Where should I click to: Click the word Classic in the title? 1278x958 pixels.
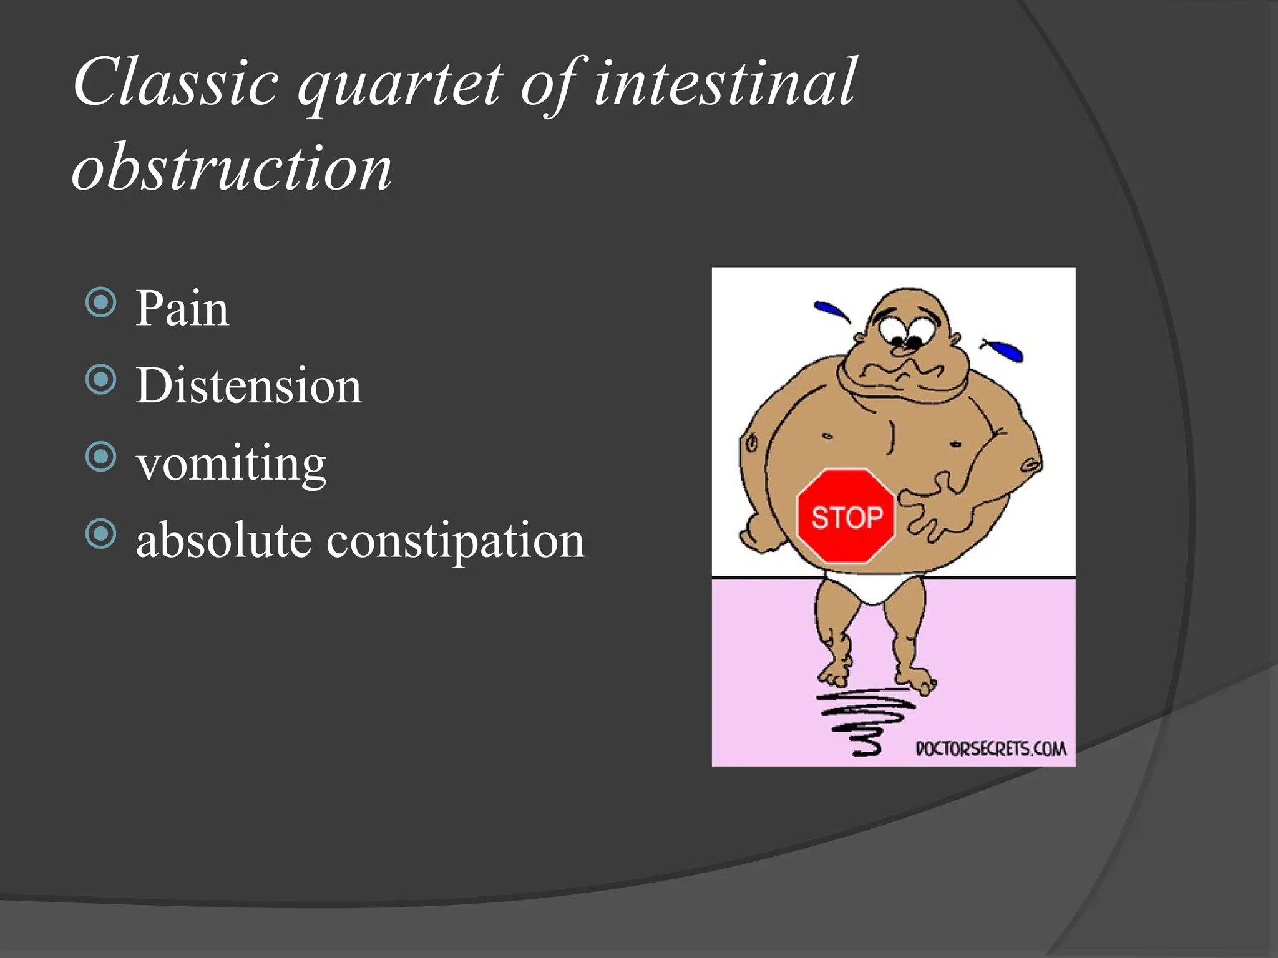(176, 83)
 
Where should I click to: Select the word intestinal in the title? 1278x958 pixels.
(725, 83)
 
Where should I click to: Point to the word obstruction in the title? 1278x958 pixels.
(232, 167)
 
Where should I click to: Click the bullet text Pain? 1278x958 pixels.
(182, 309)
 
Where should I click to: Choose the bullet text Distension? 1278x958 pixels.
(248, 386)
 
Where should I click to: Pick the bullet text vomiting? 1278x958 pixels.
(231, 465)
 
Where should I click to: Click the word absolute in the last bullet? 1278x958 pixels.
(223, 540)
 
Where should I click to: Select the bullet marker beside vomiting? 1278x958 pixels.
(101, 457)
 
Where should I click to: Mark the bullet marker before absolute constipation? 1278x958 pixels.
(101, 534)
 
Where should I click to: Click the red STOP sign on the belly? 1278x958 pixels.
(846, 517)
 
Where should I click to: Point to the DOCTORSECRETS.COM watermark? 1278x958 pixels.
(991, 748)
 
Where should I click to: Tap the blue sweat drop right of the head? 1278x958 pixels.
(1005, 351)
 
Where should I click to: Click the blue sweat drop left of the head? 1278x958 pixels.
(831, 310)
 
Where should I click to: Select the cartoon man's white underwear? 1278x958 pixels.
(871, 588)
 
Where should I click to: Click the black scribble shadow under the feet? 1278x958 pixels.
(864, 720)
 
